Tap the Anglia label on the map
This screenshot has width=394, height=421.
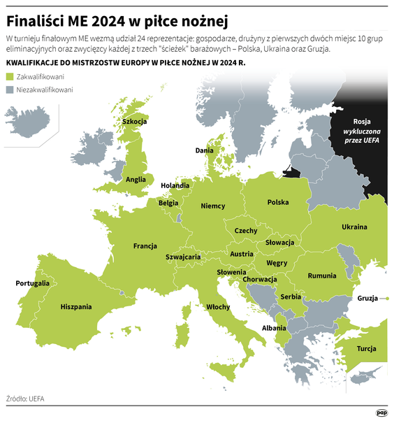(x=136, y=179)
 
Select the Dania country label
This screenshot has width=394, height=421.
(x=204, y=150)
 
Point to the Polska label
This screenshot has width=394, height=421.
(x=277, y=203)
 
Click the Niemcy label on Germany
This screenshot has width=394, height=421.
(x=212, y=206)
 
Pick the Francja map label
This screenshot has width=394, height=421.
(x=145, y=245)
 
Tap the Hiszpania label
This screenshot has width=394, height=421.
(x=76, y=306)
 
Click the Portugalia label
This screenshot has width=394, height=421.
(x=33, y=283)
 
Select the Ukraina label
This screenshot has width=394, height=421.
(x=354, y=227)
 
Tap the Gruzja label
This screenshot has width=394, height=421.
(x=368, y=299)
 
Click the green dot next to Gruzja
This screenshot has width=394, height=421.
(x=386, y=299)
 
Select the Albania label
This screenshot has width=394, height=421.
(x=273, y=327)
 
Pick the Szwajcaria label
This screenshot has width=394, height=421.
(x=183, y=257)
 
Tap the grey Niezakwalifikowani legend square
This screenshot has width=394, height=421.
(x=10, y=90)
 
